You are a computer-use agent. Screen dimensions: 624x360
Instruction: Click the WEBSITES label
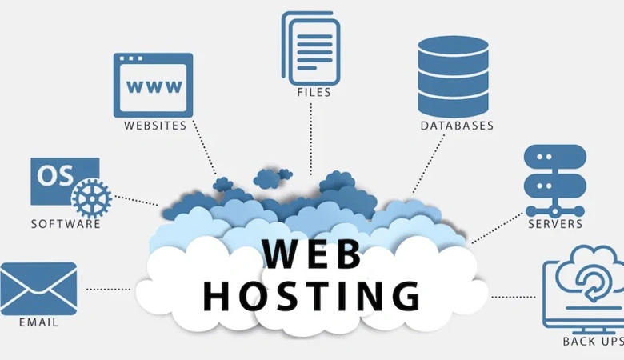pyautogui.click(x=155, y=126)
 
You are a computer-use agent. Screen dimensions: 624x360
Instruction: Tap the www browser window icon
pyautogui.click(x=154, y=86)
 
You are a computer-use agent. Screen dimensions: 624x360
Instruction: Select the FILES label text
pyautogui.click(x=314, y=92)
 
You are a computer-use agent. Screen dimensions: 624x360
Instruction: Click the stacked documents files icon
pyautogui.click(x=311, y=48)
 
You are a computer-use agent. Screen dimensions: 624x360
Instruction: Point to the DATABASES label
pyautogui.click(x=457, y=126)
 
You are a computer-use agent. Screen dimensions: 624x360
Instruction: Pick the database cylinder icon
pyautogui.click(x=454, y=76)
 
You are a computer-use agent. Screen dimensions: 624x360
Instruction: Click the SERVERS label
pyautogui.click(x=555, y=223)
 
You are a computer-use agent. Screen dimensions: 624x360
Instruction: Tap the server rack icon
pyautogui.click(x=555, y=181)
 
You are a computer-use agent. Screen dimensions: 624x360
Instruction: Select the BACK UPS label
pyautogui.click(x=593, y=342)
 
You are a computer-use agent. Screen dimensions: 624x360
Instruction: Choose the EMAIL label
pyautogui.click(x=38, y=322)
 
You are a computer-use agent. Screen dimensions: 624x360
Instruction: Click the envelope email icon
pyautogui.click(x=38, y=289)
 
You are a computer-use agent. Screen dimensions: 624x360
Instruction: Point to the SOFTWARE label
pyautogui.click(x=66, y=224)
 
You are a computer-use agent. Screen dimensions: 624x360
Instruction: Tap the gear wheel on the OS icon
pyautogui.click(x=92, y=198)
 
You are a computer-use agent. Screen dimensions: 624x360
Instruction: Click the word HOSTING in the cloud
pyautogui.click(x=312, y=295)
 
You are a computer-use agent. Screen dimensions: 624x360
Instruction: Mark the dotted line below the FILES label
pyautogui.click(x=311, y=139)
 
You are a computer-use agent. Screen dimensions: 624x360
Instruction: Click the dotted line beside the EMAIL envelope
pyautogui.click(x=108, y=289)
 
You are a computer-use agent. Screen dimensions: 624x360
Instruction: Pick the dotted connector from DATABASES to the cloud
pyautogui.click(x=429, y=163)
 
